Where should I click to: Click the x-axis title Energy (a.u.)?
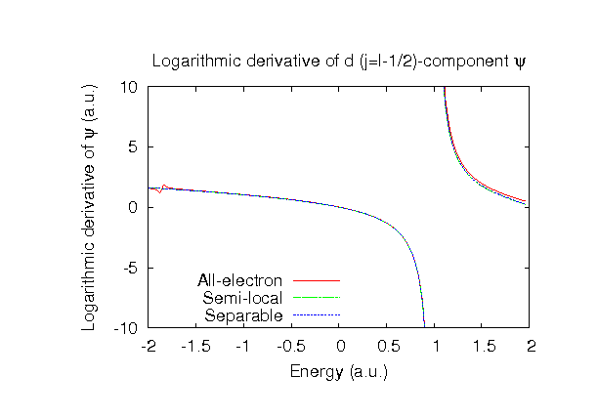tap(339, 371)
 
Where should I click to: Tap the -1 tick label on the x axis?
tap(242, 347)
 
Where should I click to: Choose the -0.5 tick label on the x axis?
tap(290, 347)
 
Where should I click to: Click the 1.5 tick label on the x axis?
tap(484, 347)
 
